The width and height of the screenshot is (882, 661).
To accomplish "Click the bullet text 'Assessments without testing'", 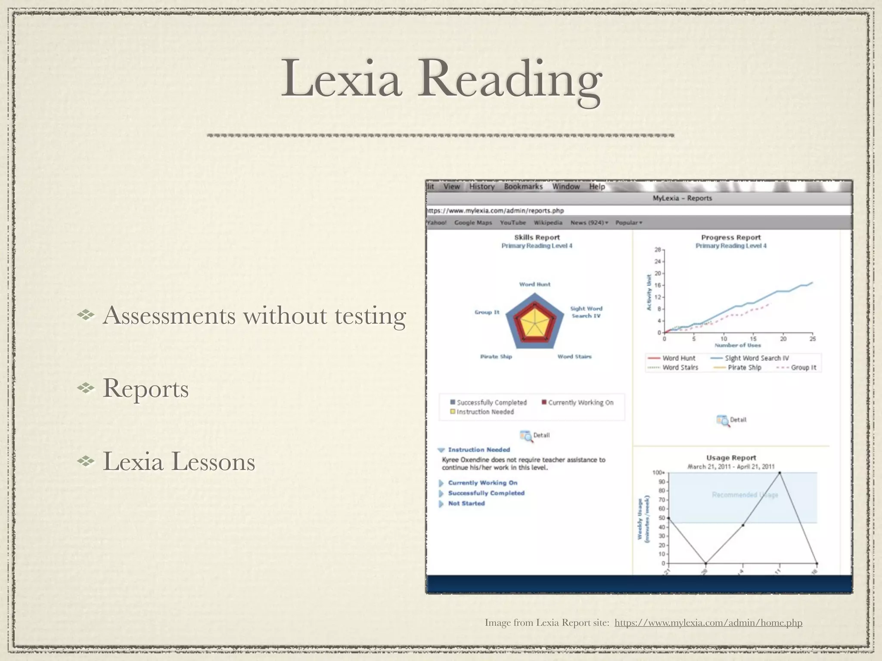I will pyautogui.click(x=254, y=315).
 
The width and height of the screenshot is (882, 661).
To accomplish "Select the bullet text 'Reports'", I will pyautogui.click(x=146, y=389).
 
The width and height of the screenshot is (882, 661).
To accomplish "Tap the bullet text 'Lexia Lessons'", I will pyautogui.click(x=179, y=462).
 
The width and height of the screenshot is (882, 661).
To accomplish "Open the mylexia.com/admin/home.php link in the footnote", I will pyautogui.click(x=708, y=623).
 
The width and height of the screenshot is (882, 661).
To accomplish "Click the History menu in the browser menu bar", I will pyautogui.click(x=481, y=186).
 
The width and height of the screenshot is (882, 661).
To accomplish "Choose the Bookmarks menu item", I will pyautogui.click(x=523, y=186).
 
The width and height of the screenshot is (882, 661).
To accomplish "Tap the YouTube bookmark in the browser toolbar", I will pyautogui.click(x=512, y=222).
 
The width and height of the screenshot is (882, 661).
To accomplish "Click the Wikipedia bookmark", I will pyautogui.click(x=548, y=222).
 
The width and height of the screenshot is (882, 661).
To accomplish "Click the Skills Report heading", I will pyautogui.click(x=537, y=237).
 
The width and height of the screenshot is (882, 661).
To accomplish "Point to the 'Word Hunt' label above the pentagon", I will pyautogui.click(x=534, y=284).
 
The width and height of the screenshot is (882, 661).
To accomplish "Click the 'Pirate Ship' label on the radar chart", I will pyautogui.click(x=496, y=356).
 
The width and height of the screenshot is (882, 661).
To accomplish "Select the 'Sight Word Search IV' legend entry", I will pyautogui.click(x=756, y=358).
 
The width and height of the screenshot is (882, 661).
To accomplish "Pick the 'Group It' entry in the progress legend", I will pyautogui.click(x=803, y=368).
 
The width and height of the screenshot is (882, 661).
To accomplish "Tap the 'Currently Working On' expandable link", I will pyautogui.click(x=482, y=483).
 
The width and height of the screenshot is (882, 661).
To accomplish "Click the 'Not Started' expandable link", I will pyautogui.click(x=466, y=503).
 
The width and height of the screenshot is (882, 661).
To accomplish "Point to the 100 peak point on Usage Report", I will pyautogui.click(x=780, y=473).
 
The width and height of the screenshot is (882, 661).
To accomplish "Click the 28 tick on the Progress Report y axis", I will pyautogui.click(x=658, y=250).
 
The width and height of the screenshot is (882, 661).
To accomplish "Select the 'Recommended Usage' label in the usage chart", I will pyautogui.click(x=745, y=495).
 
